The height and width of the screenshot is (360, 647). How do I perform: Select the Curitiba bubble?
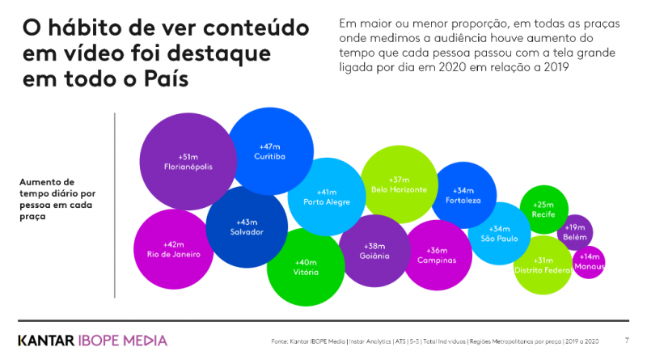pyautogui.click(x=270, y=150)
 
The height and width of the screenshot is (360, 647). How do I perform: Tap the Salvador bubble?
pyautogui.click(x=247, y=227)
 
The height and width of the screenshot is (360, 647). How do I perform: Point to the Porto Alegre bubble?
pyautogui.click(x=326, y=197)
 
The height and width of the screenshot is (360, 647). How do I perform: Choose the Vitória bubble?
pyautogui.click(x=306, y=268)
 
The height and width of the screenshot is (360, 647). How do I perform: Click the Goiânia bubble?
pyautogui.click(x=375, y=250)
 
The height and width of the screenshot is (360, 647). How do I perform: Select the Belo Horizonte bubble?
pyautogui.click(x=399, y=184)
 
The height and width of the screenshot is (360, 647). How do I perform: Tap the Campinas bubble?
pyautogui.click(x=437, y=255)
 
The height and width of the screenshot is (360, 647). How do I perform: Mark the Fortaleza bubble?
pyautogui.click(x=463, y=195)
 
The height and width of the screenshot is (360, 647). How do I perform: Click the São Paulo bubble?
pyautogui.click(x=499, y=234)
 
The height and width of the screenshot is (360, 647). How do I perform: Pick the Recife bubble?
pyautogui.click(x=543, y=209)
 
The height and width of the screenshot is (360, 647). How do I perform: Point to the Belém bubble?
pyautogui.click(x=575, y=232)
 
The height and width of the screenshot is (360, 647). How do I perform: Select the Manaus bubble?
pyautogui.click(x=588, y=261)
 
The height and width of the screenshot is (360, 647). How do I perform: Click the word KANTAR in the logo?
pyautogui.click(x=46, y=340)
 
